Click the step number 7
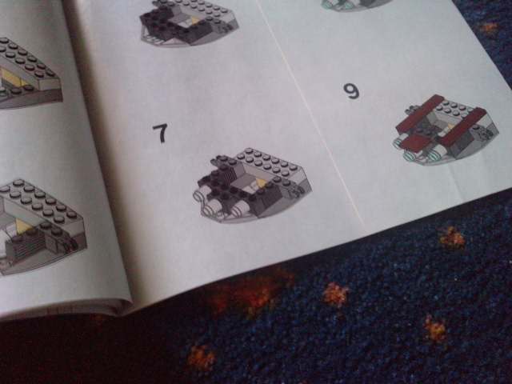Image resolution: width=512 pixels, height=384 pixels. (x=160, y=133)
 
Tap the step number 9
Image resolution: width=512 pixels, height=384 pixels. (x=352, y=91)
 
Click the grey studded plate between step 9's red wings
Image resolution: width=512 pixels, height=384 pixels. (x=454, y=109)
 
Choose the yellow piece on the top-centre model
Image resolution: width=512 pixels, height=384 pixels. (x=195, y=20)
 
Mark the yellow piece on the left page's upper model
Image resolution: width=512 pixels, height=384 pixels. (x=11, y=78)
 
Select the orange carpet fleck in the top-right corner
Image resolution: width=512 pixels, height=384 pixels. (x=489, y=27)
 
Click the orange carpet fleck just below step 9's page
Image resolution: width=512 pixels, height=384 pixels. (x=452, y=238)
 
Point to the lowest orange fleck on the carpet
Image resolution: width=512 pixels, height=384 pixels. (x=202, y=358)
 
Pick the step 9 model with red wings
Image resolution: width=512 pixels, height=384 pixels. (x=446, y=130)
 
